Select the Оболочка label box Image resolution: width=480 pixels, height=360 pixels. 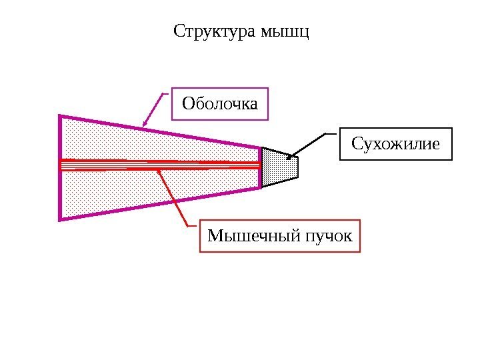pos(220,103)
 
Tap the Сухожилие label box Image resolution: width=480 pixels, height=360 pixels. pos(396,144)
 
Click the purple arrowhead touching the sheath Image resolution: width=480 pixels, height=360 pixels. pos(145,123)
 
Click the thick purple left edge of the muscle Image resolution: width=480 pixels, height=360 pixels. pos(61,167)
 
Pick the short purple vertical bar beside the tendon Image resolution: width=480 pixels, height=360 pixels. pos(260,167)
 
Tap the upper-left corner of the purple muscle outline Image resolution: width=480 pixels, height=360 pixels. pos(61,117)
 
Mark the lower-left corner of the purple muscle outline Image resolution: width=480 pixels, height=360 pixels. pos(61,218)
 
